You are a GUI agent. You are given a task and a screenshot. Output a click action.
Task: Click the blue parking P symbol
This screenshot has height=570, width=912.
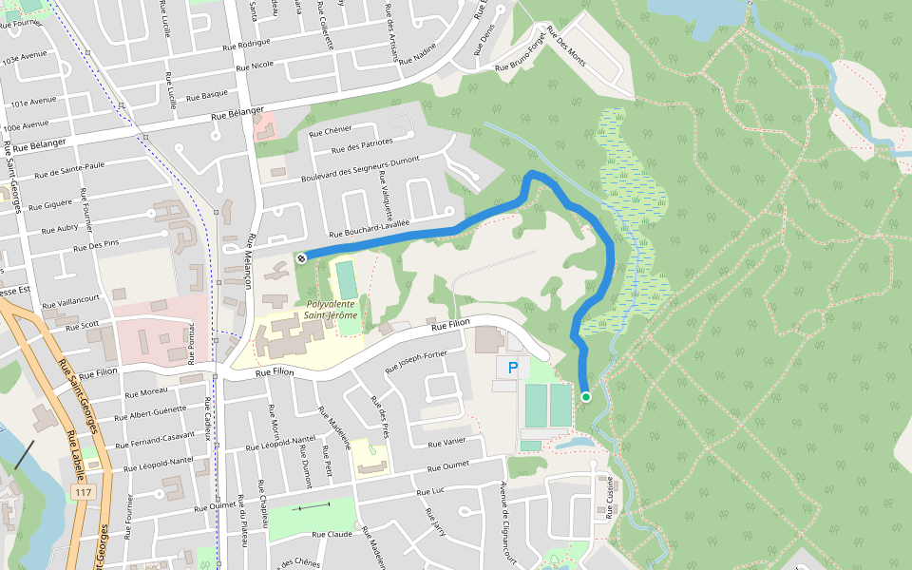click(514, 368)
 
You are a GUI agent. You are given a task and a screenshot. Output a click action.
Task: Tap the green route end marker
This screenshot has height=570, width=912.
click(586, 397)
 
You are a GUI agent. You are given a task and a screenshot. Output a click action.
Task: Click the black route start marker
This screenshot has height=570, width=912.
click(300, 257)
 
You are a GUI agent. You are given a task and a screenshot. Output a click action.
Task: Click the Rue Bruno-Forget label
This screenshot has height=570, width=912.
click(523, 60)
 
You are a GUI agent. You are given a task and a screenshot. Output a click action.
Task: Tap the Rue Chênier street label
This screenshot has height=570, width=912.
click(331, 130)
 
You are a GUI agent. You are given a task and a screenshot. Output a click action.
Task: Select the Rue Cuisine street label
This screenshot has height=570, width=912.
click(608, 498)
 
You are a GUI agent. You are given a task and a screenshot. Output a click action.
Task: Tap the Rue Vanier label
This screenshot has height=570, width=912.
click(446, 444)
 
